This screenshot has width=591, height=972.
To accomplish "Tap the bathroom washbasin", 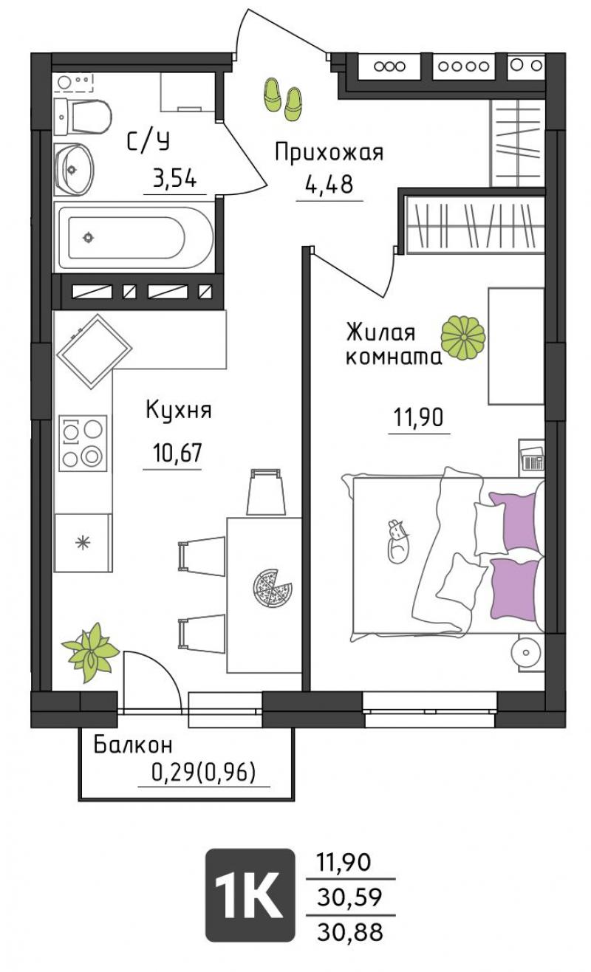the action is [74, 169].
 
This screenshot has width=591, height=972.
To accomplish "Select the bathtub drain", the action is [89, 237].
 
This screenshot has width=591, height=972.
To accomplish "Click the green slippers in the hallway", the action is [282, 99].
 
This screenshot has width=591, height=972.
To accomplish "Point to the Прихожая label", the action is [329, 153].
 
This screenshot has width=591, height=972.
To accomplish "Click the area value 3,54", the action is [175, 178].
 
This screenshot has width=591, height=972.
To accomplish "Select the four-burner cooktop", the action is [83, 443].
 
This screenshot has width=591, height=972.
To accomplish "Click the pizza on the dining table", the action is [272, 589].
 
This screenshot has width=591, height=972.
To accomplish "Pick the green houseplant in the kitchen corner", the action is [90, 652].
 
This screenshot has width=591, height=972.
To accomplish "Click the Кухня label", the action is [179, 410].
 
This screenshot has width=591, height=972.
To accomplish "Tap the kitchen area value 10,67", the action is [177, 454].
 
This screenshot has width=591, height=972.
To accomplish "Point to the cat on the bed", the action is [398, 541].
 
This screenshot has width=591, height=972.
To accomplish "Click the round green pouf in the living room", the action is [463, 338].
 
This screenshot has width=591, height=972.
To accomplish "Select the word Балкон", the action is [133, 745].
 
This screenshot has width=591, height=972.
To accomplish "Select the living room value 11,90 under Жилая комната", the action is [418, 417].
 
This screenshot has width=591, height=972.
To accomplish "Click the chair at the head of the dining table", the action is [265, 493].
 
